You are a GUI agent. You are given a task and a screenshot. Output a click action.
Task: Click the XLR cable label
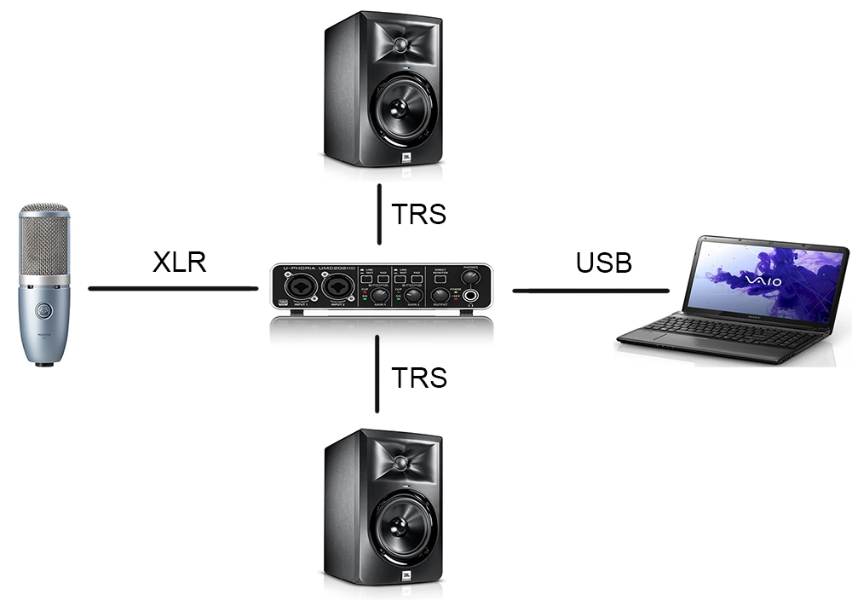[179, 262]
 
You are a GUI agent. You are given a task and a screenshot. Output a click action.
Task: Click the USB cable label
[604, 262]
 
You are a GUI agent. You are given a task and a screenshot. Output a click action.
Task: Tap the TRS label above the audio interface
[418, 214]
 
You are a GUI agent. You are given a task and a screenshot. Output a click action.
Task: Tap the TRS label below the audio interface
[418, 377]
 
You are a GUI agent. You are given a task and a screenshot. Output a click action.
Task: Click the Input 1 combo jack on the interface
[301, 288]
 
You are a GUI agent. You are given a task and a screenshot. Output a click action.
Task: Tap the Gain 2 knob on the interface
[412, 294]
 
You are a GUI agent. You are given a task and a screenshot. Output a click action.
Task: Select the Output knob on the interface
[440, 295]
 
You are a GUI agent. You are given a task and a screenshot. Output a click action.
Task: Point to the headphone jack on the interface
[471, 297]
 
